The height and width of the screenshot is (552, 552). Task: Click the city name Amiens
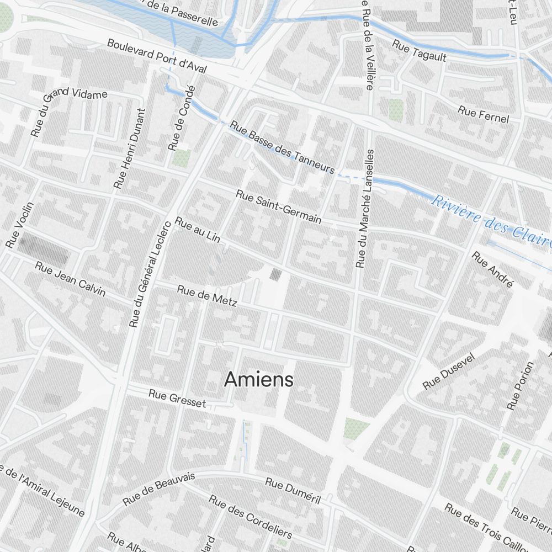pyautogui.click(x=259, y=380)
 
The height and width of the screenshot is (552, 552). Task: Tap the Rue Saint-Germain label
pyautogui.click(x=278, y=206)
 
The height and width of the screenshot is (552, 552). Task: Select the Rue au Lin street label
pyautogui.click(x=198, y=230)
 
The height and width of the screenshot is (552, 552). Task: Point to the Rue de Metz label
pyautogui.click(x=207, y=295)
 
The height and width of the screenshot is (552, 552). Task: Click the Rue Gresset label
pyautogui.click(x=177, y=399)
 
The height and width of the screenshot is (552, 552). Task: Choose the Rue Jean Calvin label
pyautogui.click(x=70, y=278)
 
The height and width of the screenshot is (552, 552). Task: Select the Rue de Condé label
pyautogui.click(x=182, y=118)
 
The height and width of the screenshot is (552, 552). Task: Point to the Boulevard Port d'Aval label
pyautogui.click(x=157, y=56)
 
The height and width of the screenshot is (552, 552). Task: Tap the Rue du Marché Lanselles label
pyautogui.click(x=365, y=209)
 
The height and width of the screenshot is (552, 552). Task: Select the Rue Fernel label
pyautogui.click(x=483, y=114)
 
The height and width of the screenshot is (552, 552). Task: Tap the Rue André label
pyautogui.click(x=493, y=269)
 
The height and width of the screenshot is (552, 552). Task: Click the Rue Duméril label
pyautogui.click(x=293, y=490)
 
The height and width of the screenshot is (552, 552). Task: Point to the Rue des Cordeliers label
pyautogui.click(x=250, y=516)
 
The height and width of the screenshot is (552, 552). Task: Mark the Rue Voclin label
pyautogui.click(x=20, y=224)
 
